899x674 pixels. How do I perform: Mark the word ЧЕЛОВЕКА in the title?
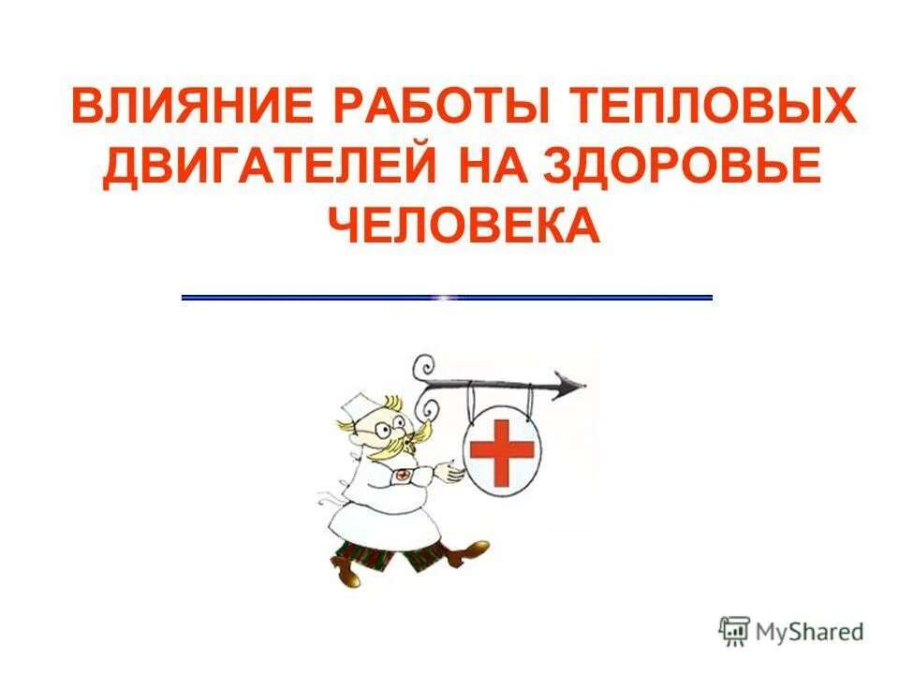[463, 226]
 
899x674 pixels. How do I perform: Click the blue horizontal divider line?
[447, 297]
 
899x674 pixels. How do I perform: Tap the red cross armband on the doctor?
[403, 476]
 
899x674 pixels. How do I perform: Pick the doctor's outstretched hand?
[454, 473]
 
